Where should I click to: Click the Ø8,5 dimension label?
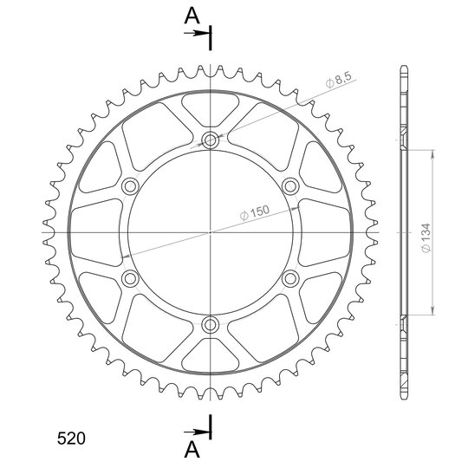click(340, 80)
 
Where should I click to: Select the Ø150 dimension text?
click(254, 212)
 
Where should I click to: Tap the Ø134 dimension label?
click(426, 237)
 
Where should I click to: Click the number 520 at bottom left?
click(71, 439)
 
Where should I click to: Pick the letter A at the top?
click(192, 16)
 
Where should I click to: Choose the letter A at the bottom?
click(192, 450)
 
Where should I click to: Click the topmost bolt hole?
click(210, 140)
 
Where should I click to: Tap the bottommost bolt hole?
click(210, 325)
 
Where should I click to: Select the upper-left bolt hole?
click(130, 186)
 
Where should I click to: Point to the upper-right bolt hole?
click(290, 186)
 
